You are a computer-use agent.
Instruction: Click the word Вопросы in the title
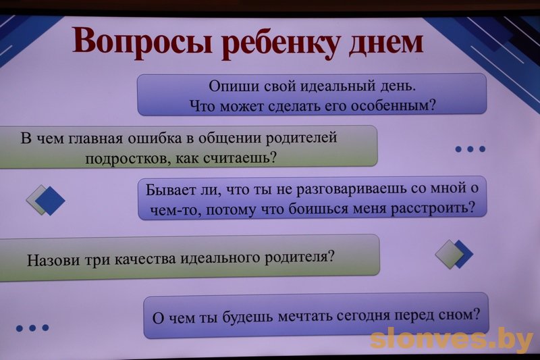(x=142, y=41)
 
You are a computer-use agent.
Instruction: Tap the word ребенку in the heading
(x=280, y=43)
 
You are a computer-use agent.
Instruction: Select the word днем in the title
(x=385, y=43)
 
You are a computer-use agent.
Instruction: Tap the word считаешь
(x=240, y=158)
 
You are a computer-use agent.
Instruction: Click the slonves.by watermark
(x=452, y=340)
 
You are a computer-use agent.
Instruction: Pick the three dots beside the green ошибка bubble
(x=470, y=149)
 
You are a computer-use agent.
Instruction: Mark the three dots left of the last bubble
(x=32, y=328)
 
